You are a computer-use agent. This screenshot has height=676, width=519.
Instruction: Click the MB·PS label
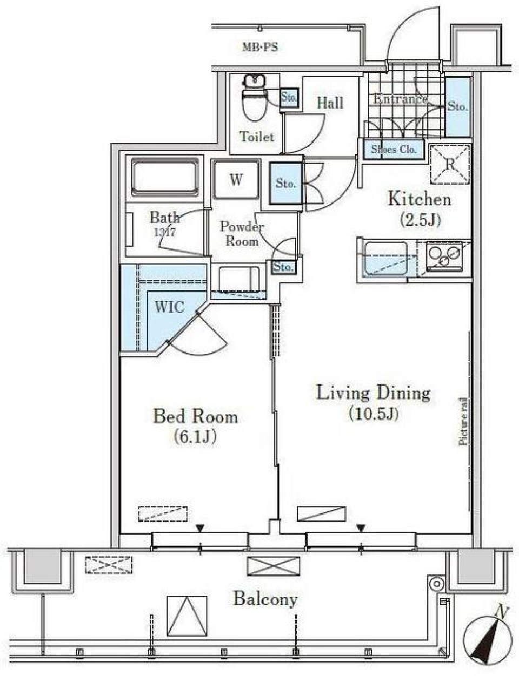[259, 47]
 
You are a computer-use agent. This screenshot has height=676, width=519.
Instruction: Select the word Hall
[330, 103]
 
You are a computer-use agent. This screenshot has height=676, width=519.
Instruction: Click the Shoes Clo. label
[393, 150]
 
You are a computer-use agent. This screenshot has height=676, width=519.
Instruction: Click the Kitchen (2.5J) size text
[420, 220]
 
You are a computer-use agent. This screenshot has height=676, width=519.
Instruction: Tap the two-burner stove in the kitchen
[444, 256]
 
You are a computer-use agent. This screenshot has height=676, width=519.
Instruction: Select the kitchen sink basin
[385, 258]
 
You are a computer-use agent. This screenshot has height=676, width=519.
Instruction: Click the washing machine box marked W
[236, 180]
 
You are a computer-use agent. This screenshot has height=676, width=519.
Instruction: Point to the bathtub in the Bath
[165, 176]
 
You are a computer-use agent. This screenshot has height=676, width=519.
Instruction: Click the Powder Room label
[242, 234]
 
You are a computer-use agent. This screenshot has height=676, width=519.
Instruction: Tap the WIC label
[170, 307]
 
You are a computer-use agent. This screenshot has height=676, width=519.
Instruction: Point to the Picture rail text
[463, 421]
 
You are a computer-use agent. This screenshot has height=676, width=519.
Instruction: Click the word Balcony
[265, 599]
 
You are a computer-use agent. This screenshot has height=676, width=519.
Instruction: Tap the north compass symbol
[489, 639]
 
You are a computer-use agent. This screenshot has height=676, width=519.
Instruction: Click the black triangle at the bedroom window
[201, 528]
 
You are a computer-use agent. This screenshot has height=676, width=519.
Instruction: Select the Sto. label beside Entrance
[457, 107]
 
